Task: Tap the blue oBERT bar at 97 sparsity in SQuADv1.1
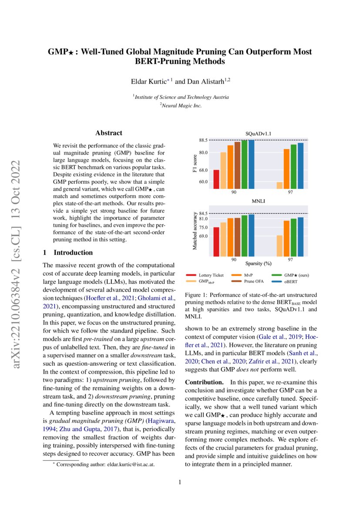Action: coord(300,165)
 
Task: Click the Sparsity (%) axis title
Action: coord(258,263)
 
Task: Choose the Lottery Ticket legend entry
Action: coord(211,275)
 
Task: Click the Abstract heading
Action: coord(109,133)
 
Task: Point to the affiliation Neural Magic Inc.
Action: coord(180,105)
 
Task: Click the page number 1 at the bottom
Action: coord(180,482)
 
